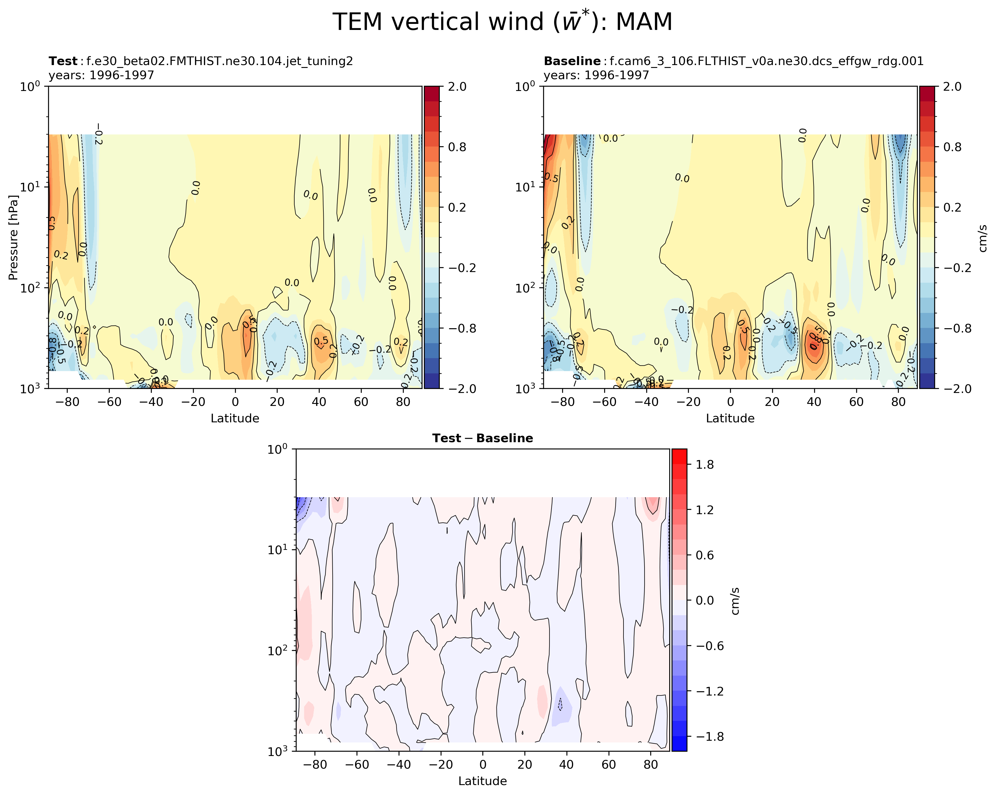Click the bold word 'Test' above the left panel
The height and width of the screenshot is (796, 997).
point(63,62)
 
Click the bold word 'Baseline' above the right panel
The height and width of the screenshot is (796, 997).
point(572,62)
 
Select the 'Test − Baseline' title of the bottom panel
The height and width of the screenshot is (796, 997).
point(482,438)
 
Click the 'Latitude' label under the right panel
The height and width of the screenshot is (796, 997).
point(730,418)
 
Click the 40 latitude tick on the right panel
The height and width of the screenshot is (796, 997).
point(814,402)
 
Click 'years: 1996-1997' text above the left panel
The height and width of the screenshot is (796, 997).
point(101,75)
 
